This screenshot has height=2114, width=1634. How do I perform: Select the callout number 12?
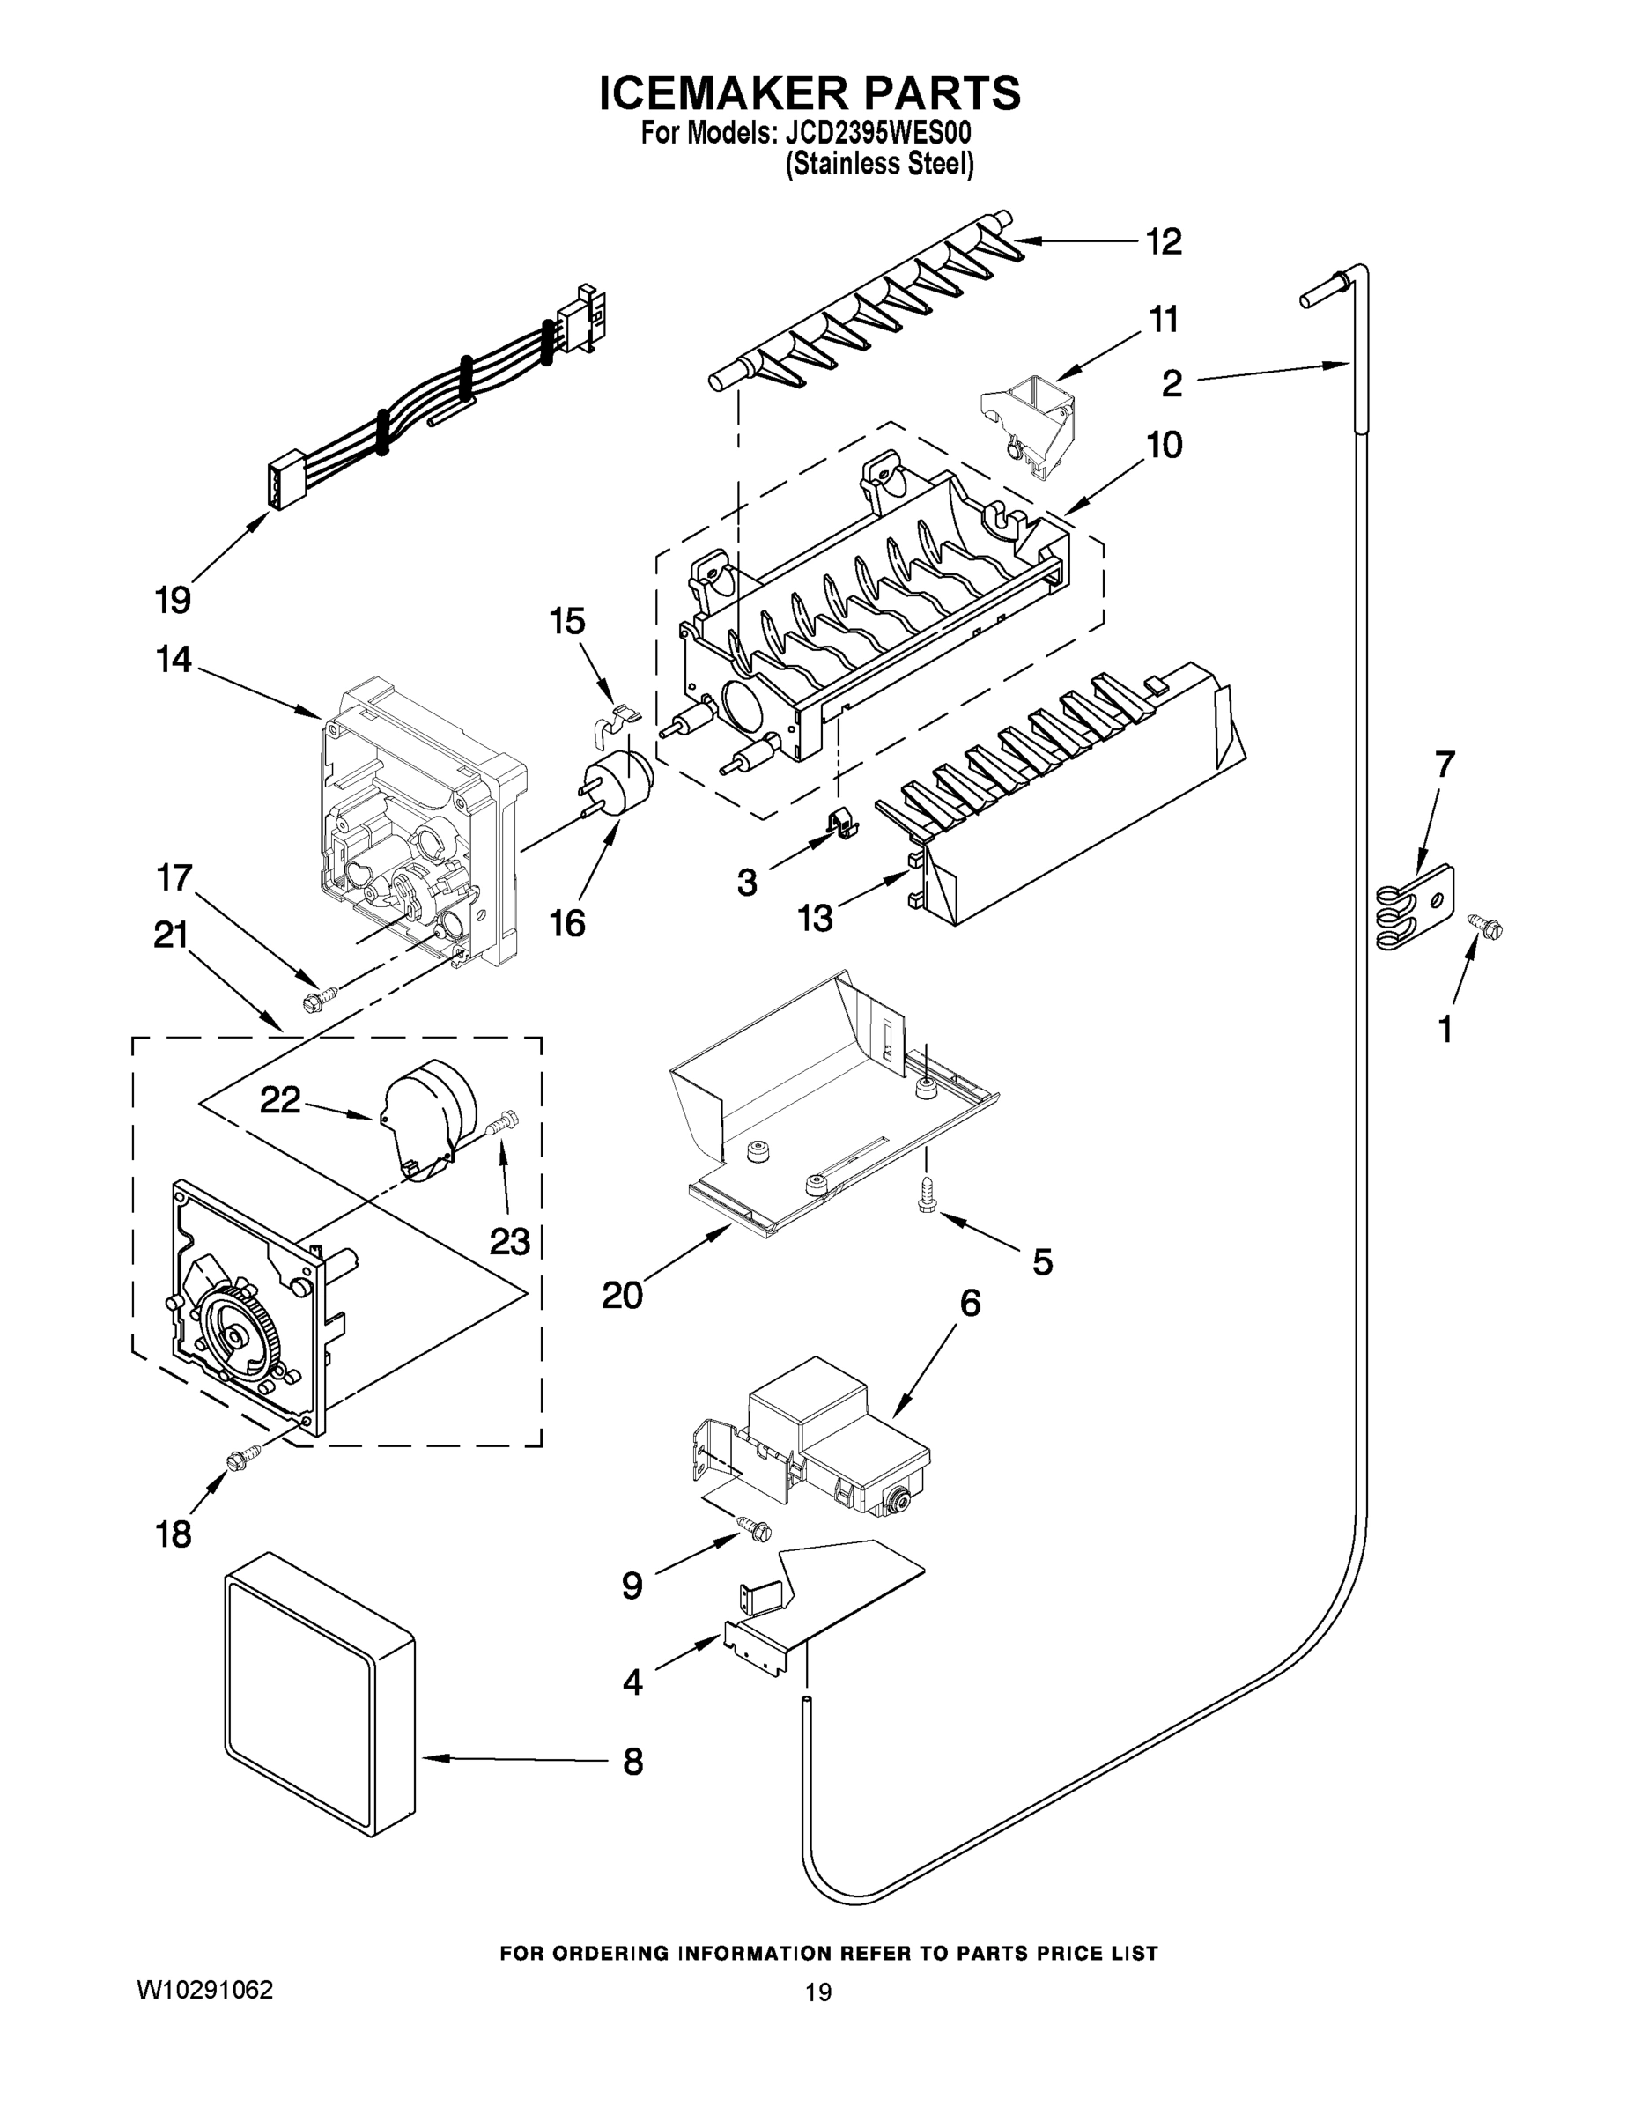(x=1164, y=242)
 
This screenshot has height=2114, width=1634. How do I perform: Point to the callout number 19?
(x=174, y=600)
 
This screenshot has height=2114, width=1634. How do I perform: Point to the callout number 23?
(x=509, y=1241)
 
